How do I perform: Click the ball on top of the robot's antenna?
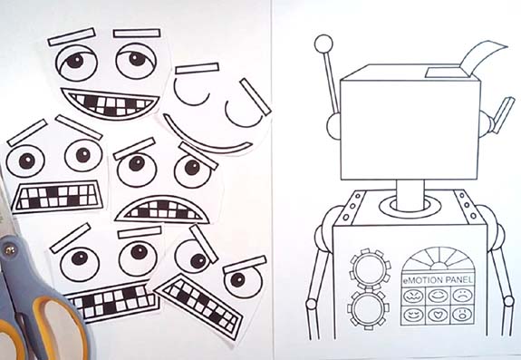(323, 43)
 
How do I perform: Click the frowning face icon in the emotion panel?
(460, 297)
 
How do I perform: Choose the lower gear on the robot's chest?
(368, 304)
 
